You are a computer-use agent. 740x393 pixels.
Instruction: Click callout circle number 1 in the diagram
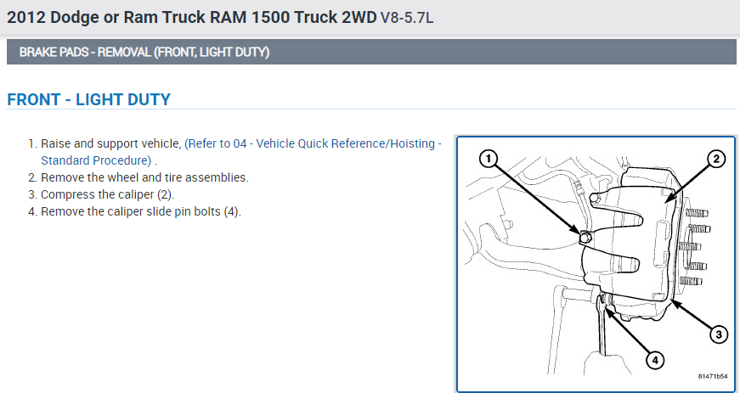(x=487, y=158)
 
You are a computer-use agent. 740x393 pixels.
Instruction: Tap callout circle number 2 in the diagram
(x=715, y=158)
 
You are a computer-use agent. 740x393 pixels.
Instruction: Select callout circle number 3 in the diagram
(x=718, y=334)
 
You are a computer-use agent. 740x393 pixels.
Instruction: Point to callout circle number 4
(x=654, y=360)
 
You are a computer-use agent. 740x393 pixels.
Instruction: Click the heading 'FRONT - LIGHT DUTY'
(x=88, y=100)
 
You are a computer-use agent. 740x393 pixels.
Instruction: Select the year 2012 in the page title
(x=25, y=17)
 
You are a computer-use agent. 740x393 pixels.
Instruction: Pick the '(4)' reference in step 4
(x=231, y=211)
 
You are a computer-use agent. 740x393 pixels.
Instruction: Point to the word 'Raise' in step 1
(x=57, y=144)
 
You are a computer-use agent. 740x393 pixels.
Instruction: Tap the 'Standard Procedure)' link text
(x=95, y=160)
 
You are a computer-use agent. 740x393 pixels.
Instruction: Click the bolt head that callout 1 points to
(x=585, y=238)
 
